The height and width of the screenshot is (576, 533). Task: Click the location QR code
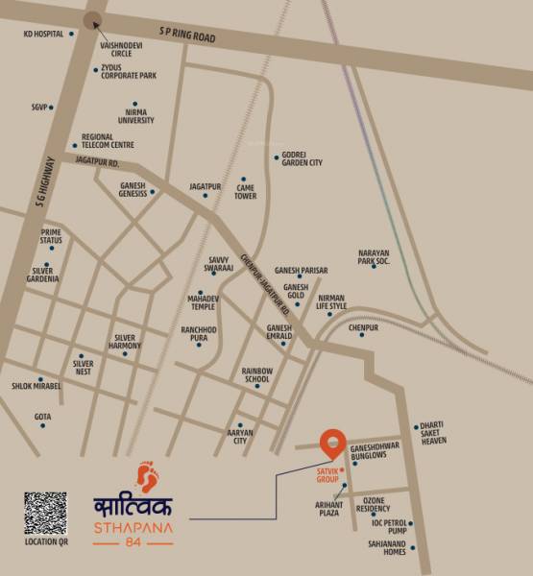point(45,513)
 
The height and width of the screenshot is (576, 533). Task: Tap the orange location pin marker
point(332,442)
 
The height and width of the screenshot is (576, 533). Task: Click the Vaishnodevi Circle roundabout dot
point(92,21)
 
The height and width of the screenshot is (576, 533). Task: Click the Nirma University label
point(135,115)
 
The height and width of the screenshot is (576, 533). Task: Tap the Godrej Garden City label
point(302,158)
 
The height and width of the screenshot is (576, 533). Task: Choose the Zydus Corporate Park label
point(129,72)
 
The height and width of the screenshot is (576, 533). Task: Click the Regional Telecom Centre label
point(108,141)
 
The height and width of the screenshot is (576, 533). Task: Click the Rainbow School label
point(256,375)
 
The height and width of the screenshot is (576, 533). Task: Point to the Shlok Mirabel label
point(36,386)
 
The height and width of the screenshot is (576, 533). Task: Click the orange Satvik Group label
point(328,473)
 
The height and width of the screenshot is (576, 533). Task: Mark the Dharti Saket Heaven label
point(434,434)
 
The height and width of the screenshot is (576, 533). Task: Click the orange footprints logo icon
point(147,476)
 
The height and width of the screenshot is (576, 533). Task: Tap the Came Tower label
point(246,191)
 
